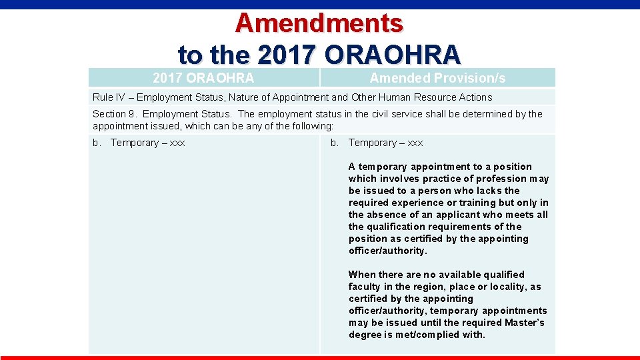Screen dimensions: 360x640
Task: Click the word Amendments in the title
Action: (319, 23)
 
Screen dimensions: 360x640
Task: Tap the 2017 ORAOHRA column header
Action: (203, 78)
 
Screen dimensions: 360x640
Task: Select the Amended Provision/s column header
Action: (437, 78)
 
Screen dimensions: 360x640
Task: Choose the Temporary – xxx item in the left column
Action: (147, 143)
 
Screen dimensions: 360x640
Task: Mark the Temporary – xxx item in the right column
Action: (385, 143)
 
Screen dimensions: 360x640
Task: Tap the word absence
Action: (385, 215)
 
